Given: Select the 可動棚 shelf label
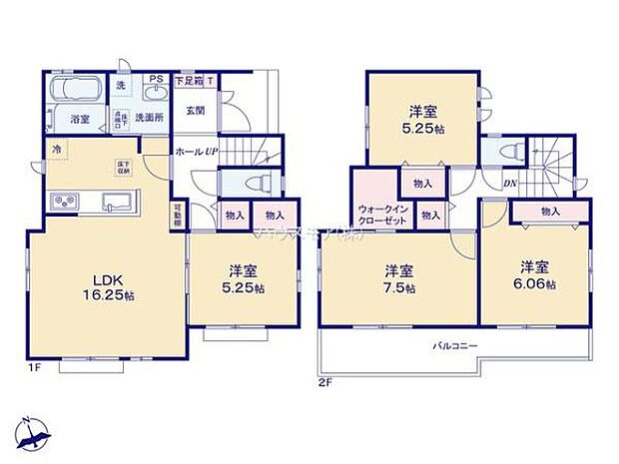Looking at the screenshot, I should [177, 216].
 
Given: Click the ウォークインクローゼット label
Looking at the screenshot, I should [380, 214].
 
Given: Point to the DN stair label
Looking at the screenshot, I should [509, 184].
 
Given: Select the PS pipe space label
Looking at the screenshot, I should [156, 79].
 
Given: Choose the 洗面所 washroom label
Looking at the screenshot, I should [150, 118].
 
